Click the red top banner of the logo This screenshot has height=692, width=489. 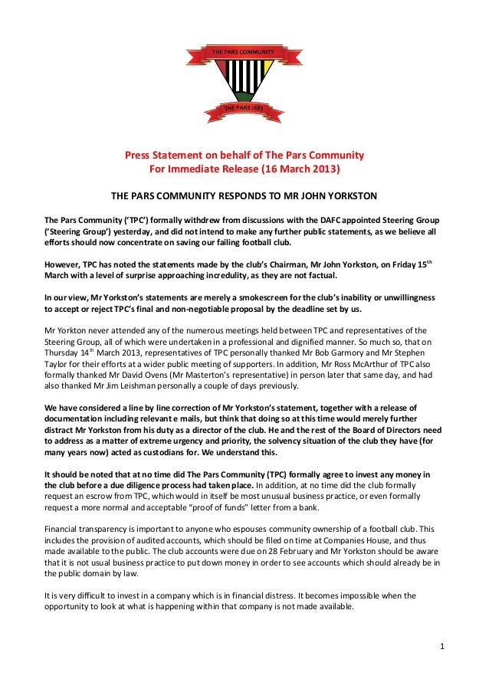click(x=244, y=51)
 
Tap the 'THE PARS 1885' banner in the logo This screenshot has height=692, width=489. click(x=244, y=108)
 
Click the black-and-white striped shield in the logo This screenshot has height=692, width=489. click(x=244, y=80)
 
